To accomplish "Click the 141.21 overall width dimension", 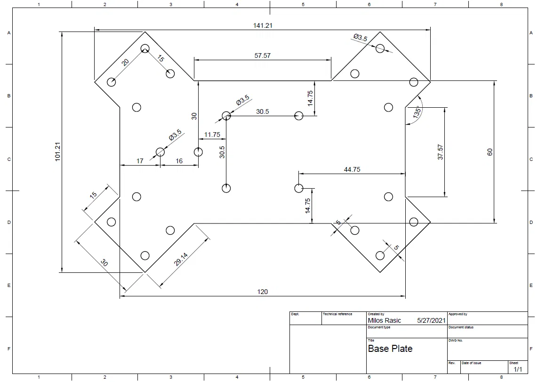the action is tap(263, 26).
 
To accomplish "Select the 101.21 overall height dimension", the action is tap(57, 151).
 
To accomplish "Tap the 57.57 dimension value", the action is tap(263, 56).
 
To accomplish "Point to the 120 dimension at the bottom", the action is tap(263, 292).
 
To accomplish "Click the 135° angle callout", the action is tap(417, 113).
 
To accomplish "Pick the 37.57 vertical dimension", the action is tap(441, 152).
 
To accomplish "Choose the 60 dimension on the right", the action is tap(490, 152).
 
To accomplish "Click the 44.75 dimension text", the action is tap(352, 169).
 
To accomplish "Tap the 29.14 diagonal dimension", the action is tap(181, 259).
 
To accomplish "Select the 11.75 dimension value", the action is tap(212, 135).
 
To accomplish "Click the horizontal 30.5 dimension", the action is tap(263, 111).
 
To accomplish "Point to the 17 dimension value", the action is tap(140, 161).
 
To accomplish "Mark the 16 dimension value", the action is tap(179, 161).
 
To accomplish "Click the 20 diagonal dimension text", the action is tap(125, 62).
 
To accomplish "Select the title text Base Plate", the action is tap(390, 349).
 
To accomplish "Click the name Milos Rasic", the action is tap(384, 321).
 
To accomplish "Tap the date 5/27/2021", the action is tap(431, 321).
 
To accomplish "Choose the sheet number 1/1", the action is tap(518, 369).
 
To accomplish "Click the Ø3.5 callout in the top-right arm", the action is tap(360, 37).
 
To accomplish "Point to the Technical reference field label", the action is tap(337, 314).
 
